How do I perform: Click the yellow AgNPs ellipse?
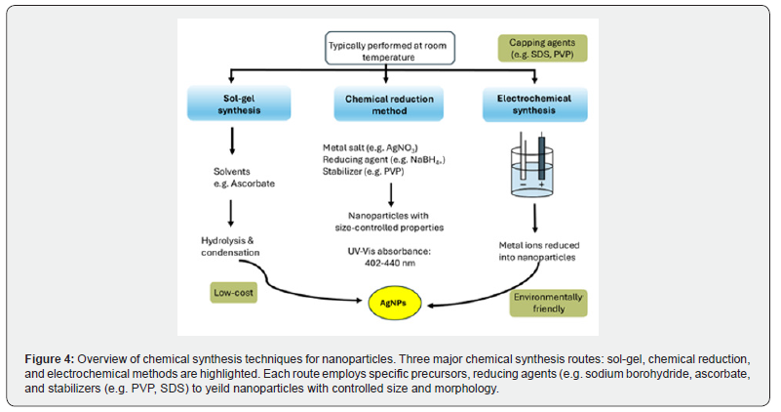395,303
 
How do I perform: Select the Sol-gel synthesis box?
239,103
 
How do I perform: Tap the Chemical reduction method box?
389,104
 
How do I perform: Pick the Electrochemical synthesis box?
534,104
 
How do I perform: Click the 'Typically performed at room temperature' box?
390,49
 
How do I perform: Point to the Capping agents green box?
542,49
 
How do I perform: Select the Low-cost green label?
234,293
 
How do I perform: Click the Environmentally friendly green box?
548,303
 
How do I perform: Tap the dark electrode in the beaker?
541,157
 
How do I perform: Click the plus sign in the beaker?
541,185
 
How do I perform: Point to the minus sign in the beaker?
523,185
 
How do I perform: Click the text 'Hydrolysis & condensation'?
230,246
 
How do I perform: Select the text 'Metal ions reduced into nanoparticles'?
539,251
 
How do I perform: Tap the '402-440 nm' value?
389,263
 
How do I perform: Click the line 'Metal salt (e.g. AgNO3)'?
371,147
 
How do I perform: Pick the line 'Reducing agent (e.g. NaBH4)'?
383,159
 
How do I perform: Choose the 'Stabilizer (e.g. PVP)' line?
363,172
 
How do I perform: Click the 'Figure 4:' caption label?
50,359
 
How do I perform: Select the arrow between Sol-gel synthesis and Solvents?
232,141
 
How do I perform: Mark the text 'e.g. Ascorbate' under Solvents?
244,184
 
